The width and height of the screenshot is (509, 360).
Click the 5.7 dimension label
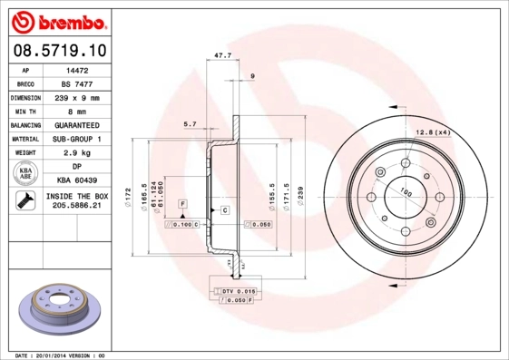[190, 123]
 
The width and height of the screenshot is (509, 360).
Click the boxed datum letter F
[182, 203]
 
